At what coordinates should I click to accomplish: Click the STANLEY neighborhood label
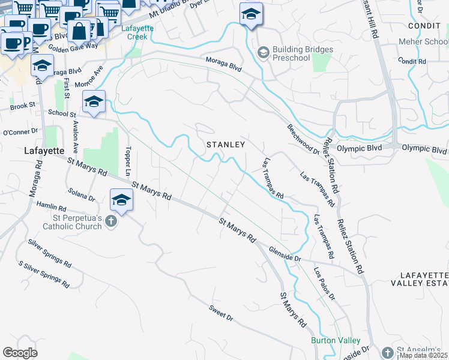[x=226, y=145]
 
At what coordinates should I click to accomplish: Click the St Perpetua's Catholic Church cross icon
[x=110, y=222]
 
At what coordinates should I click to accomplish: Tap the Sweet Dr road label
[x=220, y=313]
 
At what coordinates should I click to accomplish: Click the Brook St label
[x=23, y=107]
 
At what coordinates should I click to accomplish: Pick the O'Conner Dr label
[x=20, y=131]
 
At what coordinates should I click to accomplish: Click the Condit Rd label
[x=411, y=62]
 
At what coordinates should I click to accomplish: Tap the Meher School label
[x=423, y=42]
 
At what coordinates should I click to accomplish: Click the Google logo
[x=20, y=353]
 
